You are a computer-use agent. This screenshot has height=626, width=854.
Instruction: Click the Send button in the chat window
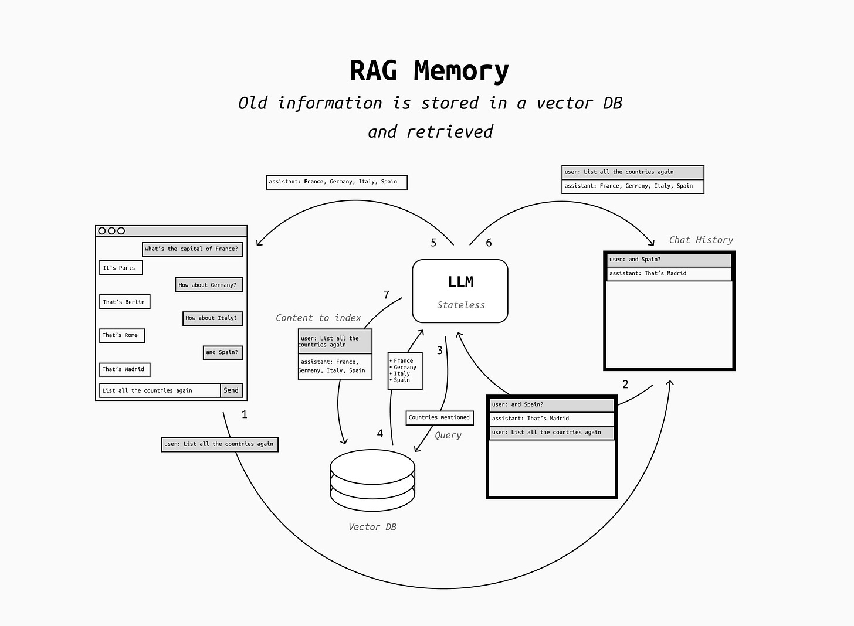tap(232, 390)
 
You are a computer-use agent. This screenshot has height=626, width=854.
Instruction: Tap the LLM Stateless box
tap(460, 291)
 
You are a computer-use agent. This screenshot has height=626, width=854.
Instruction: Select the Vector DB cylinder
tap(372, 480)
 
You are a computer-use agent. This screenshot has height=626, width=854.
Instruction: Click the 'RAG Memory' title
tap(429, 71)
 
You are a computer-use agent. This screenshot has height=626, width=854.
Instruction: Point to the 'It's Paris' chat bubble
tap(121, 267)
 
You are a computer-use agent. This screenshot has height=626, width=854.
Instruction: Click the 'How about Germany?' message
tap(209, 285)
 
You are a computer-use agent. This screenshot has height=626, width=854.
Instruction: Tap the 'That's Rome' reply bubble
tap(122, 336)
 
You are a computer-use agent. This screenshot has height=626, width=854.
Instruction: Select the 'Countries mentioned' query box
tap(439, 417)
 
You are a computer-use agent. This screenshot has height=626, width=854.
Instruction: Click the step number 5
tap(433, 243)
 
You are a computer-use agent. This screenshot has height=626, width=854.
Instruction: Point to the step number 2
tap(625, 384)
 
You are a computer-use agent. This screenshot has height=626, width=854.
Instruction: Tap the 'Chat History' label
tap(701, 240)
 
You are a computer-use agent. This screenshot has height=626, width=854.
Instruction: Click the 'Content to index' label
tap(318, 318)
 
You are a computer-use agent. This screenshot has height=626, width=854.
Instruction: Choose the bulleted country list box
tap(405, 370)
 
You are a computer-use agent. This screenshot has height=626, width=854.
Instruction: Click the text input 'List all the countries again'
tap(160, 390)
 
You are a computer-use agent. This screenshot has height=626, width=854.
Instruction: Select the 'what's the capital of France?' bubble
tap(192, 249)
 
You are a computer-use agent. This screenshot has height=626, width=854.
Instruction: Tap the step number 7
tap(386, 294)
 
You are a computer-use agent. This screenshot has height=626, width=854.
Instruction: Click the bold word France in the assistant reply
tap(314, 182)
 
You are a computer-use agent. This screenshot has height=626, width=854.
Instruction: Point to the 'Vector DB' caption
tap(372, 527)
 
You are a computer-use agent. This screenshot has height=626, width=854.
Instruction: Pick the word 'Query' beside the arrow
tap(448, 436)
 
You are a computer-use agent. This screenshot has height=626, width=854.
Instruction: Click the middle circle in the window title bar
tap(111, 230)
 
